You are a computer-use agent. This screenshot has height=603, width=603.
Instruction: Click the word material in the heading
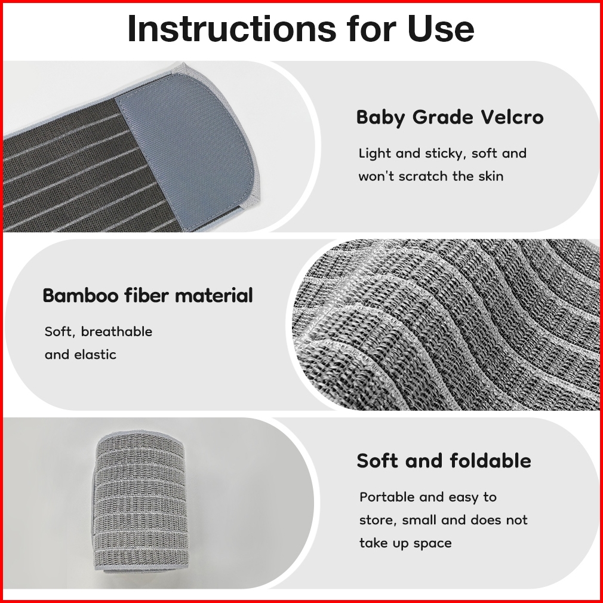pos(213,296)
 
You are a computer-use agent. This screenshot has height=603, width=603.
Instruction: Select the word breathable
pos(116,331)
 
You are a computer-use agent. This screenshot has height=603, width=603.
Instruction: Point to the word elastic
pos(95,354)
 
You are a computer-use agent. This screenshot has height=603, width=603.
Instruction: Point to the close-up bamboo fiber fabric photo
pos(446,325)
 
